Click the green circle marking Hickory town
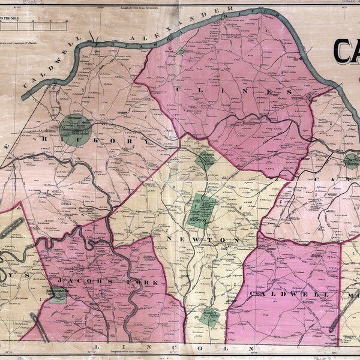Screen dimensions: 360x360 (76, 128)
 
